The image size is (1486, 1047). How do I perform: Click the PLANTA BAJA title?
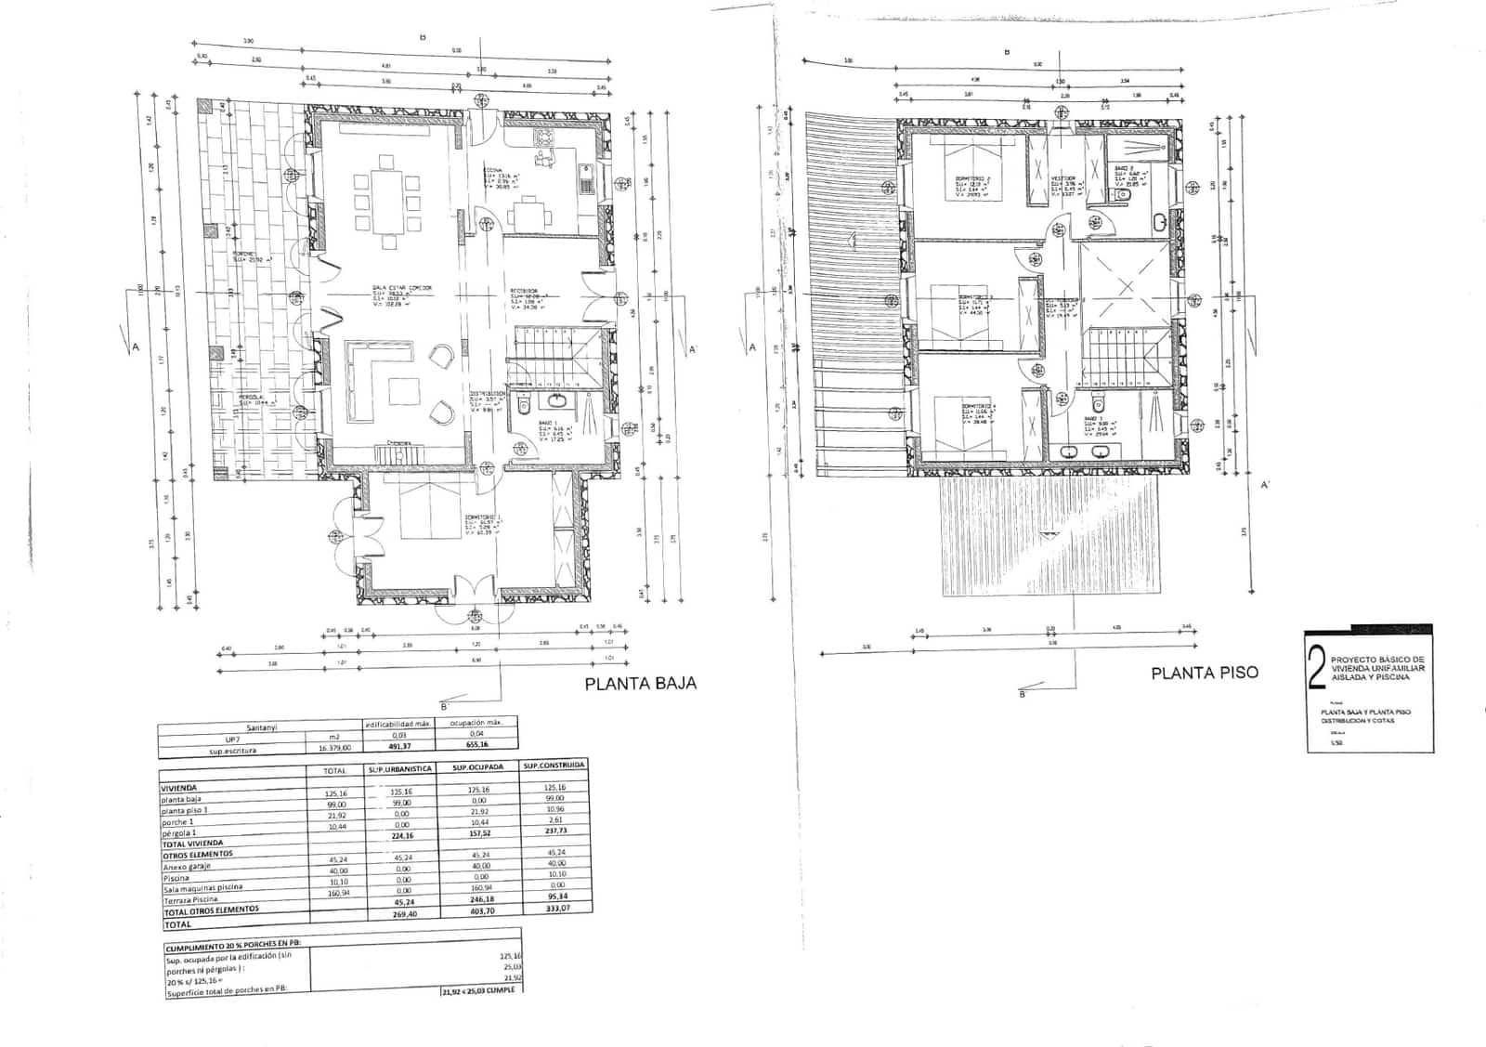[640, 685]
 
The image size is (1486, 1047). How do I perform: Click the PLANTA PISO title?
[1205, 673]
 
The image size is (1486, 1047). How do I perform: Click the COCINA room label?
[493, 170]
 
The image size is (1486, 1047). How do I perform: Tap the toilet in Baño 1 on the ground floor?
[524, 404]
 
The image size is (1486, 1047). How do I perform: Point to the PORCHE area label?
[244, 254]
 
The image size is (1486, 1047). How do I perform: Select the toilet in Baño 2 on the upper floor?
[1120, 195]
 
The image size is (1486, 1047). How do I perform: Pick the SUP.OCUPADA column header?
[478, 767]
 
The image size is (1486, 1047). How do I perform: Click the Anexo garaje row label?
[187, 866]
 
